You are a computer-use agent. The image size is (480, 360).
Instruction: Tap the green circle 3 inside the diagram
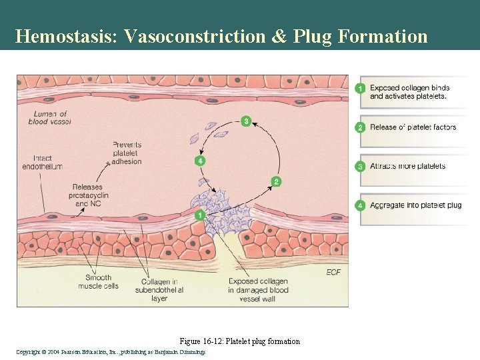coord(247,121)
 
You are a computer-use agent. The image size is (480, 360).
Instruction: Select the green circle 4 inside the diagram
coord(200,161)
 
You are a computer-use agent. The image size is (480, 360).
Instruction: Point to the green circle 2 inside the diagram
coord(276,181)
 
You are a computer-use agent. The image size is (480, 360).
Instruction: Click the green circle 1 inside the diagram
coord(200,215)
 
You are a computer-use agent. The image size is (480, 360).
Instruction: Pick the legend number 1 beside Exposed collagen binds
coord(360,89)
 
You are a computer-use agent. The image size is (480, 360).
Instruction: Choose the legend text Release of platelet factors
coord(413,127)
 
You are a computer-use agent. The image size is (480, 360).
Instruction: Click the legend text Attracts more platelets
coord(407,166)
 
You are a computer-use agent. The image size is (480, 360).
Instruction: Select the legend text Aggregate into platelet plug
coord(415,205)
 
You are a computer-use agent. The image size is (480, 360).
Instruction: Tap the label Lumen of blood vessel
coord(49,118)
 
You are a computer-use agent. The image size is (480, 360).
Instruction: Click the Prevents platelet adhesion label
coord(127,153)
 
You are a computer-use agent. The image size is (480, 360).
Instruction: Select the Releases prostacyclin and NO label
coord(88,195)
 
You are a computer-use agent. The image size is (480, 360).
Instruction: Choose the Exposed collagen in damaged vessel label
coord(258,290)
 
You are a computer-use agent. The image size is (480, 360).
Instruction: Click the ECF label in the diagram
coord(333,273)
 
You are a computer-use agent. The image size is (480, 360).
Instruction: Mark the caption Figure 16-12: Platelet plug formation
coord(240,341)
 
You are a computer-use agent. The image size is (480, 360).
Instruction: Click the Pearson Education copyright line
coord(111,351)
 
